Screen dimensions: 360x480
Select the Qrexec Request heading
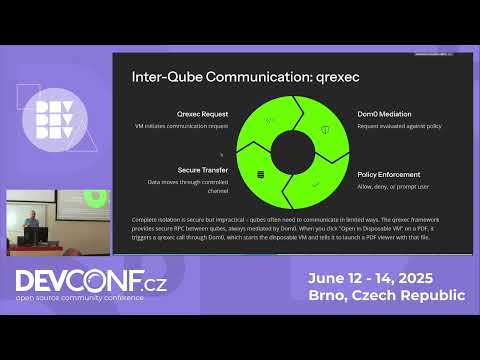(x=202, y=115)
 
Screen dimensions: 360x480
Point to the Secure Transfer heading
(x=204, y=170)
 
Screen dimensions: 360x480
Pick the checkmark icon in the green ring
(x=315, y=183)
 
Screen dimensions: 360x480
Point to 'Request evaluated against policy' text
(x=392, y=127)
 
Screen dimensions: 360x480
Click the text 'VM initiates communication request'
(x=195, y=127)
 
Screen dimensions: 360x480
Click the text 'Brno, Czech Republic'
(x=398, y=296)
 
